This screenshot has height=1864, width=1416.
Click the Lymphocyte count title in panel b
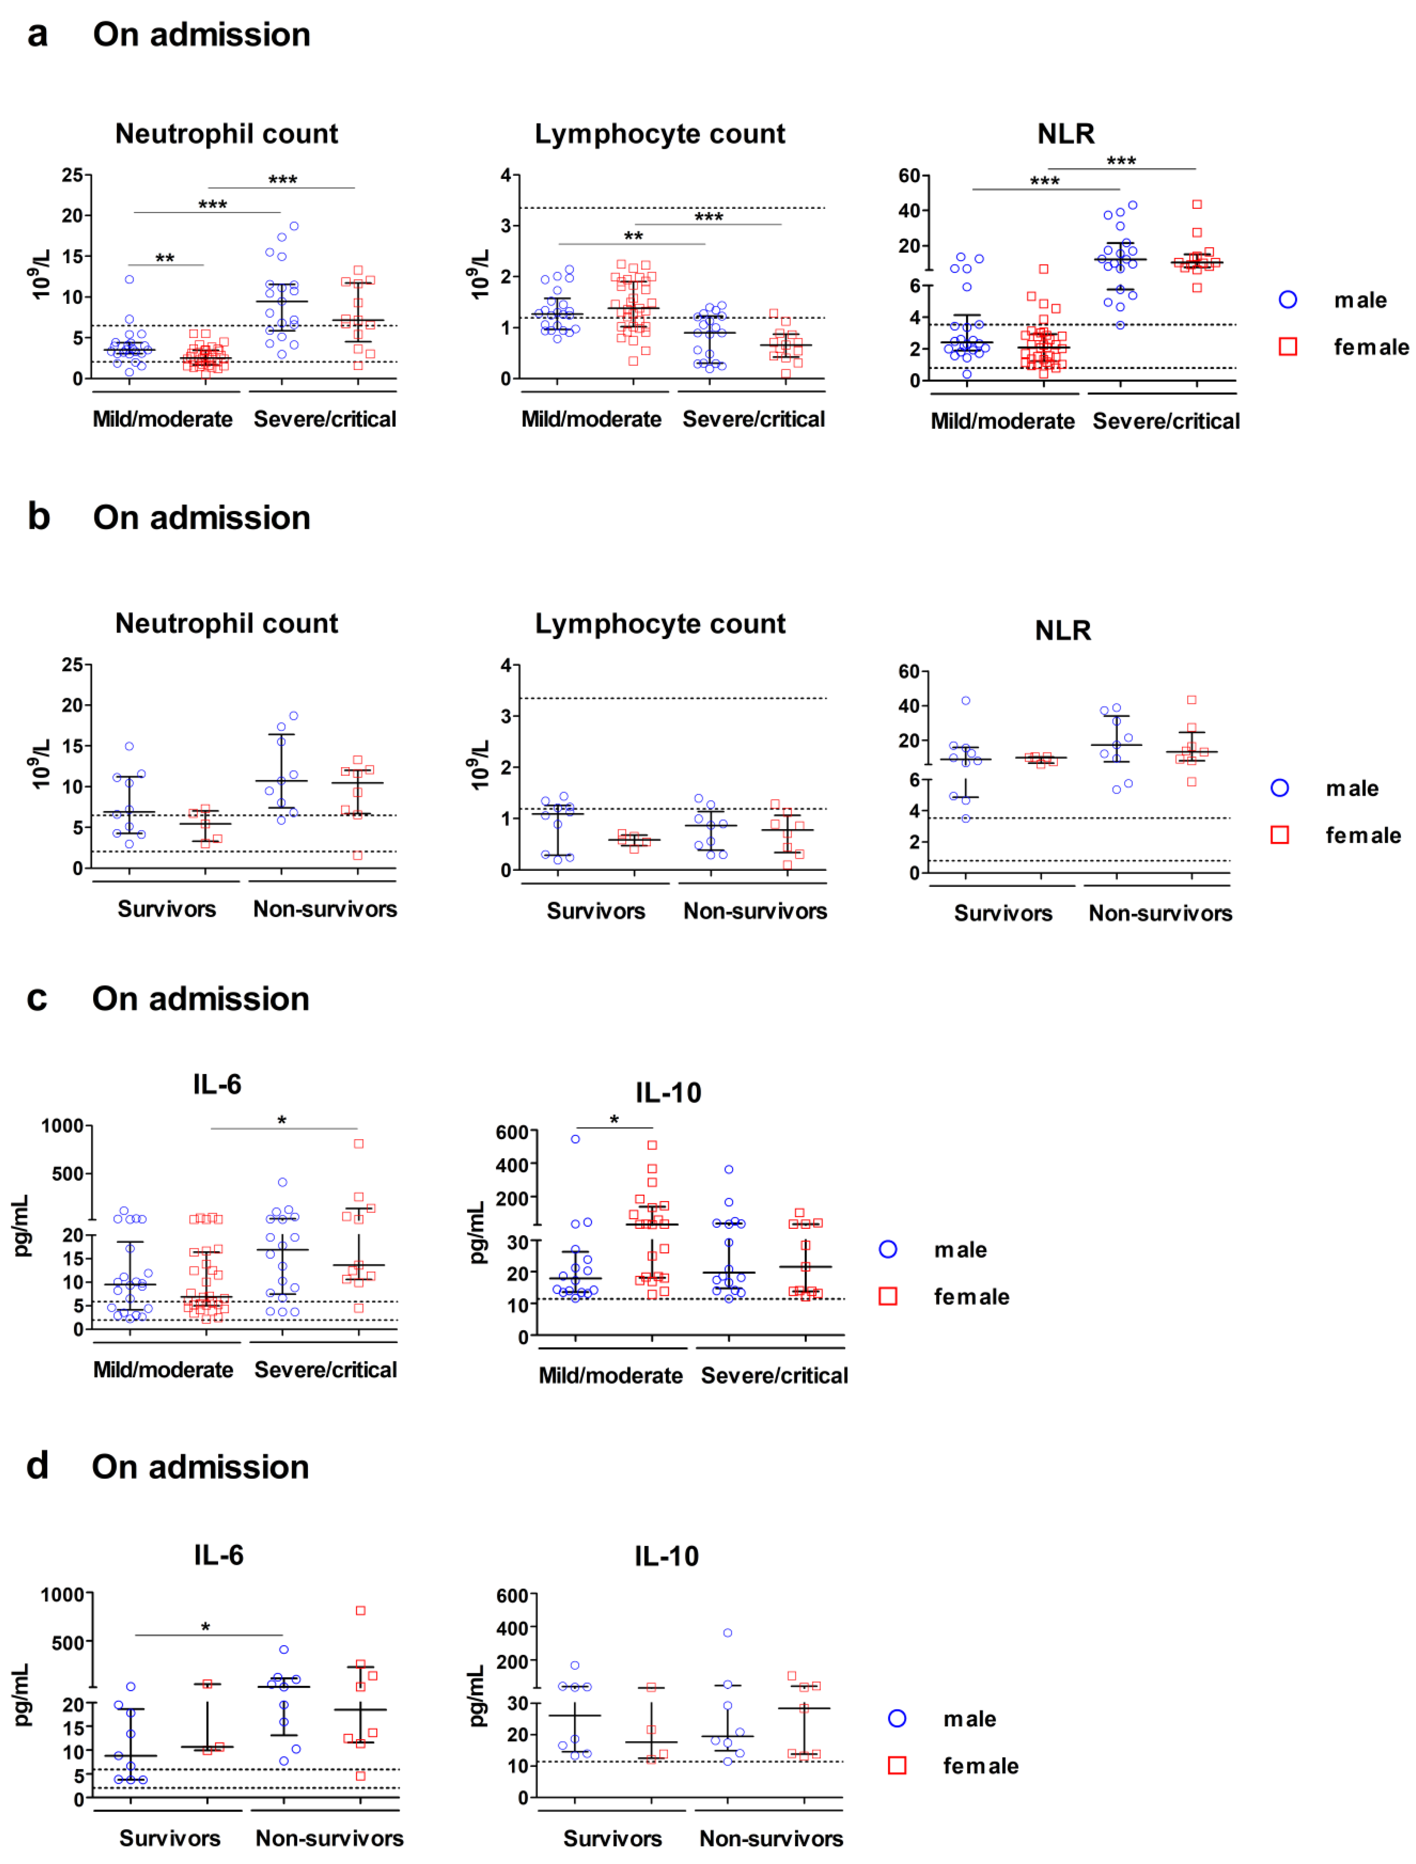pos(660,623)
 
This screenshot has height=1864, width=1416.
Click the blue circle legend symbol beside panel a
pos(1287,300)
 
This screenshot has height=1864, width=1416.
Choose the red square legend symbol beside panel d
pos(897,1765)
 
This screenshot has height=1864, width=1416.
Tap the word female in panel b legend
pos(1363,835)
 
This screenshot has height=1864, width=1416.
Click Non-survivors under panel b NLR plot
pos(1160,914)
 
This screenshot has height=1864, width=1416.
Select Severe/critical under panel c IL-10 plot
pos(774,1375)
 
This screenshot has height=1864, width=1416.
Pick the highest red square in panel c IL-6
pos(359,1143)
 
